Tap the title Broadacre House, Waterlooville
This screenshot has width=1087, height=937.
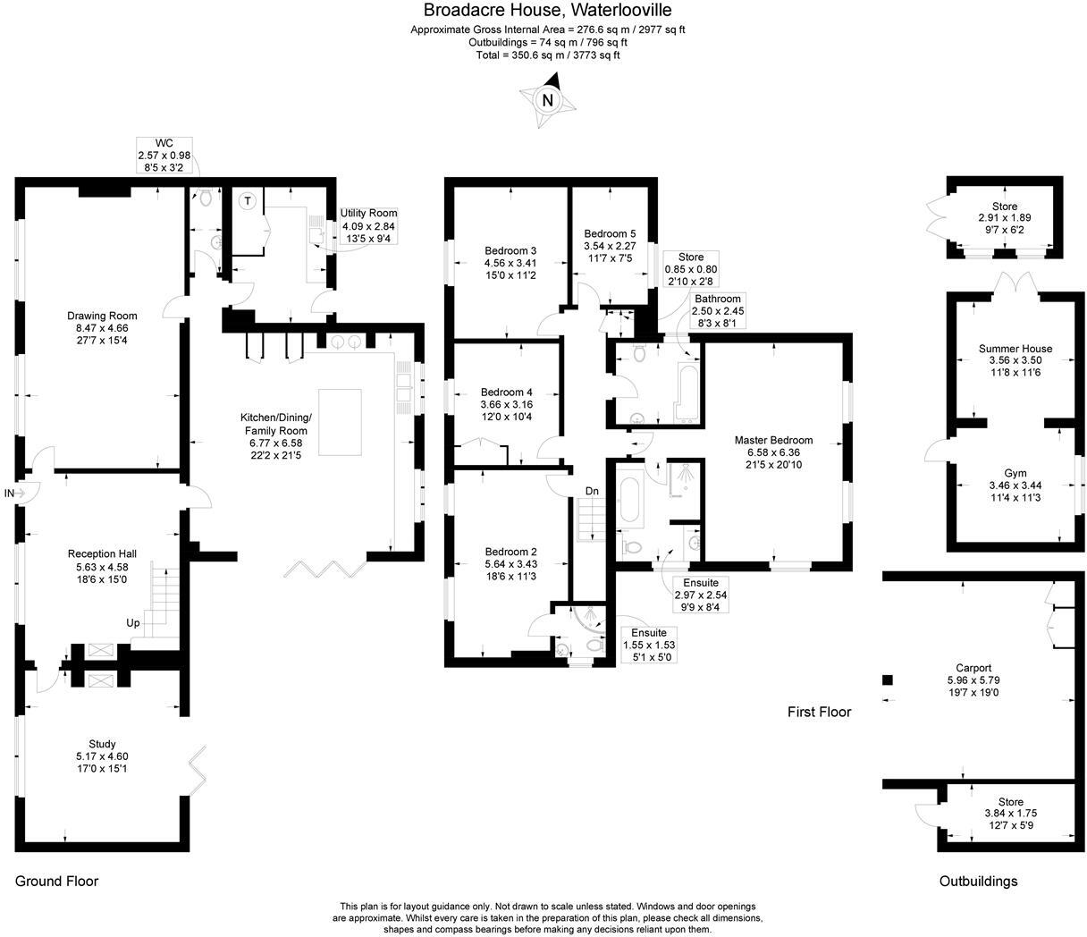point(547,11)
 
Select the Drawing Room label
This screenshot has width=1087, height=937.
point(102,316)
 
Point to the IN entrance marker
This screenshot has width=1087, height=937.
point(9,494)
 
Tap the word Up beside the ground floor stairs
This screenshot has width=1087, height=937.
point(132,623)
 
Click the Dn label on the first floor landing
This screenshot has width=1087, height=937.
point(593,491)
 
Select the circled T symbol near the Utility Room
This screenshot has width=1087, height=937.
point(248,201)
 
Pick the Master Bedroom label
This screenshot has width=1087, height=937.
point(773,440)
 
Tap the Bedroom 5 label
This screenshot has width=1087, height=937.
point(611,233)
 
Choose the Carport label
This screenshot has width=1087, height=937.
point(973,668)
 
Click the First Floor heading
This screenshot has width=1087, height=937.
point(819,712)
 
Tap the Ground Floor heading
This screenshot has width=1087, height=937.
point(56,881)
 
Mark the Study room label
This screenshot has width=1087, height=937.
point(102,744)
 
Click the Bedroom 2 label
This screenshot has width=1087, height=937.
point(510,552)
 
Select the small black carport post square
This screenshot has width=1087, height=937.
point(888,680)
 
